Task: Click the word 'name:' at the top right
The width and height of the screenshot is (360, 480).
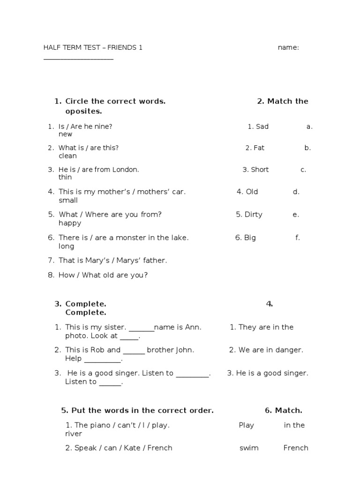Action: [x=288, y=47]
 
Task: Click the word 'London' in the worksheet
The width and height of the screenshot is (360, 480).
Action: [x=126, y=170]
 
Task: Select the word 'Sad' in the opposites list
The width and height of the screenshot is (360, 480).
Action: [x=262, y=127]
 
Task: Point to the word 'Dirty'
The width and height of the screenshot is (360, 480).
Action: [x=253, y=215]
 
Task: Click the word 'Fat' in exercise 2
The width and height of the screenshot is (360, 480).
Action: [x=259, y=148]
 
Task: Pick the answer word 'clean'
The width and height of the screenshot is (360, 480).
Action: [x=67, y=156]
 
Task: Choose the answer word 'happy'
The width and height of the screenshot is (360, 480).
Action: [x=70, y=224]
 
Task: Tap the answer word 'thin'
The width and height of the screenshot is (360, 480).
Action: [x=65, y=178]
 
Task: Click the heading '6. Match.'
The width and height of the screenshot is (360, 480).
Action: [x=283, y=411]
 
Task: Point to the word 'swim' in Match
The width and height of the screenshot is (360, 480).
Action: [x=249, y=448]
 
